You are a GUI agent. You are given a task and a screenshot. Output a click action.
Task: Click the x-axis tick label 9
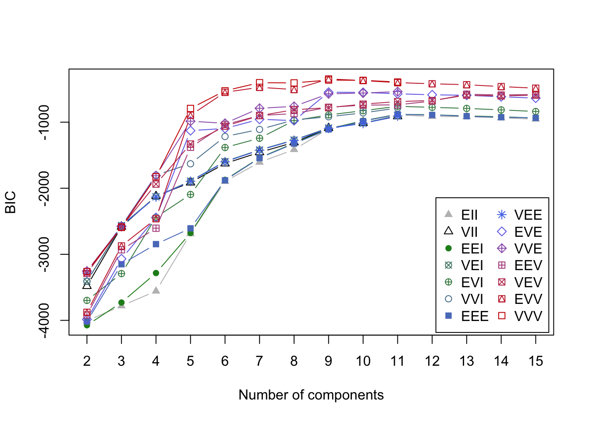click(x=328, y=361)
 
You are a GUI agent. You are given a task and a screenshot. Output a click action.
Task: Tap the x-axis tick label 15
click(x=536, y=361)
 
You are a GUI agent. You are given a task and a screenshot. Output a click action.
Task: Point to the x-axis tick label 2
click(x=87, y=361)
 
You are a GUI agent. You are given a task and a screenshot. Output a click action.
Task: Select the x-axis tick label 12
click(x=432, y=361)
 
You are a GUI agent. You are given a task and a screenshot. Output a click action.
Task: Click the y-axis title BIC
click(x=11, y=202)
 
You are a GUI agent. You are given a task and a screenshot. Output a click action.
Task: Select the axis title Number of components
click(x=311, y=395)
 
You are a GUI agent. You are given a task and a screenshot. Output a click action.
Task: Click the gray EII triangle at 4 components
click(x=156, y=290)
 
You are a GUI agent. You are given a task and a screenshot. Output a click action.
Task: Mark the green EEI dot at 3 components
click(x=121, y=303)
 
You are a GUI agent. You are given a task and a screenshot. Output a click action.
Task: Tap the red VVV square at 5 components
click(x=190, y=109)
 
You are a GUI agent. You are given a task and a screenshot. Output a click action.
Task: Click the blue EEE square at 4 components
click(x=156, y=244)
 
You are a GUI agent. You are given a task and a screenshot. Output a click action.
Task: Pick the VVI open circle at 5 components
click(x=190, y=164)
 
